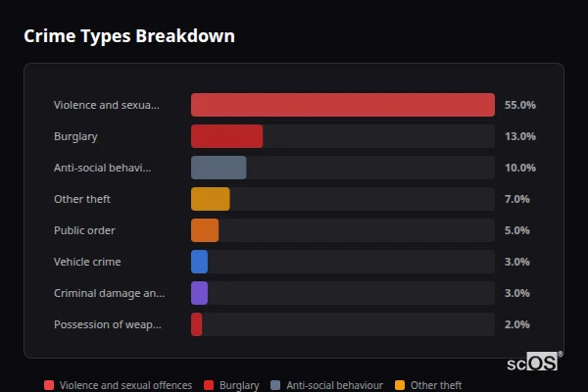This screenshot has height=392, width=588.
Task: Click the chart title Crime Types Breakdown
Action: coord(129,36)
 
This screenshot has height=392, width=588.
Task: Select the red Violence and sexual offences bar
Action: coord(342,105)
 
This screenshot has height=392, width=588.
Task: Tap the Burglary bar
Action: coord(226,136)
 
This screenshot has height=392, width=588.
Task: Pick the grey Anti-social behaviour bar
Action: coord(219,168)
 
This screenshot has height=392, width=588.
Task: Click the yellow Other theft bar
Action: coord(210,199)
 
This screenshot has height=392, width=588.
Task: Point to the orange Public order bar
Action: coord(205,230)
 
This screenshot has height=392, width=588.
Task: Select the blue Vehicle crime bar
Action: coord(199,262)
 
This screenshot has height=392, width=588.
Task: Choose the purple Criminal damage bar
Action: coord(199,293)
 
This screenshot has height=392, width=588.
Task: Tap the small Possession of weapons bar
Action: coord(197,324)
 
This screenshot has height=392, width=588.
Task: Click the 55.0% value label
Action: coord(519,105)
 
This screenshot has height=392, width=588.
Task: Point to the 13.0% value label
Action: coord(519,136)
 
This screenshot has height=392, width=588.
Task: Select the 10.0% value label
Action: coord(519,168)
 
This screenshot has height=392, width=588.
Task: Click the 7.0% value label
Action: coord(516,199)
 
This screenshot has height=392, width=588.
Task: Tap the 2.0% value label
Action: coord(516,324)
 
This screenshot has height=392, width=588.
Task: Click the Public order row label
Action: coord(84,230)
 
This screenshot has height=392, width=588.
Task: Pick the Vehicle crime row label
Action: coord(87,262)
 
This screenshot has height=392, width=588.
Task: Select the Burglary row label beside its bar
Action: coord(75,136)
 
